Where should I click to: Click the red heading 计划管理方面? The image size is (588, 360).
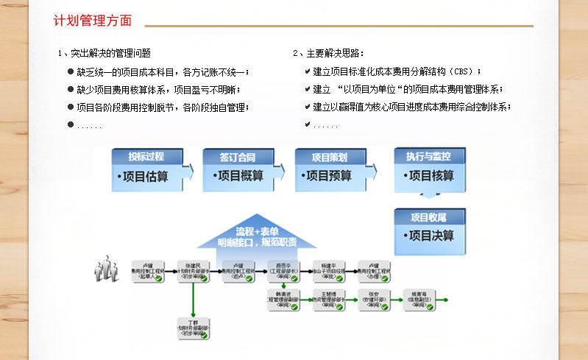93,21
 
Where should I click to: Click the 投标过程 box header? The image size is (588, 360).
146,157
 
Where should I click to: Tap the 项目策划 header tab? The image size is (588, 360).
329,157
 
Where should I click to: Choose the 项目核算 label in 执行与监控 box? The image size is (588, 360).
430,177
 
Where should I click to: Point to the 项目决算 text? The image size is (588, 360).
430,236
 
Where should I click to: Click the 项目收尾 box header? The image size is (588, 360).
428,216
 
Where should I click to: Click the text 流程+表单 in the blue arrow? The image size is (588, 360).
258,231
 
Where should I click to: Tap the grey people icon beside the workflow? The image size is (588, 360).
107,269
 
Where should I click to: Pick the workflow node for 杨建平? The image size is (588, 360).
329,271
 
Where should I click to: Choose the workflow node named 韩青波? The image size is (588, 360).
284,300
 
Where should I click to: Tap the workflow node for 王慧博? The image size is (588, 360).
329,300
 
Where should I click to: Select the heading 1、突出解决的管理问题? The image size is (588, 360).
104,53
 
